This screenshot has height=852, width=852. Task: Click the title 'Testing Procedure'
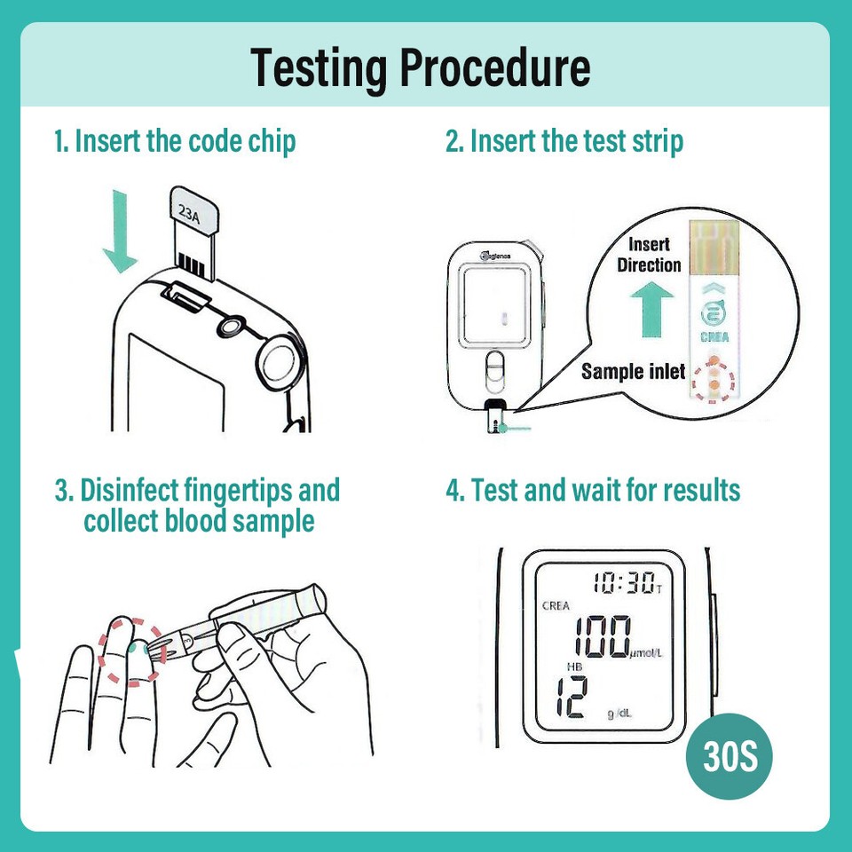pos(420,68)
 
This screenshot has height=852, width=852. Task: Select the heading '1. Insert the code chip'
pos(175,141)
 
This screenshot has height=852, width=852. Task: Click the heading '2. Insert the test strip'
pos(564,141)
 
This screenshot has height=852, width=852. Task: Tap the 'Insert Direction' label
pos(649,255)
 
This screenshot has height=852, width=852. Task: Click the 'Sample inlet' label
pos(633,371)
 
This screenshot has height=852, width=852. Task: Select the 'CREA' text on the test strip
pos(714,336)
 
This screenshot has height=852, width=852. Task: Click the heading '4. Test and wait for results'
pos(593,490)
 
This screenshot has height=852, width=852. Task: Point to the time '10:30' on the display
pos(624,583)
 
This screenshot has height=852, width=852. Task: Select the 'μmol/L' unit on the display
pos(646,655)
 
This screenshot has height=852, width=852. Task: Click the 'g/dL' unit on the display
pos(620,714)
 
